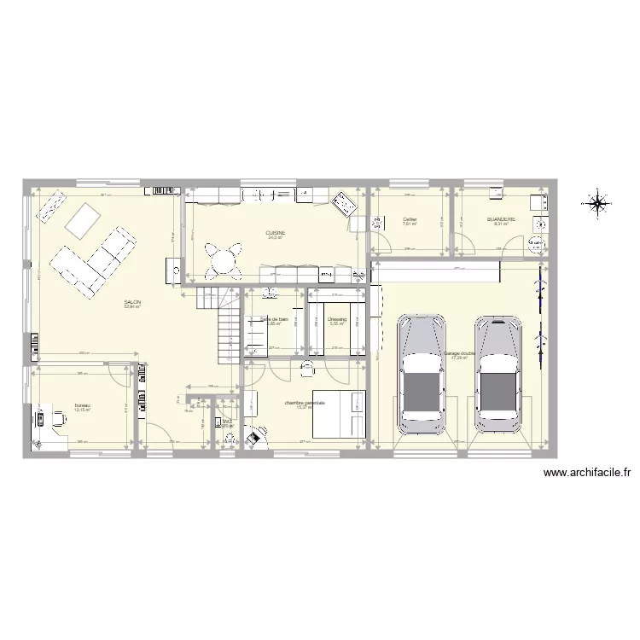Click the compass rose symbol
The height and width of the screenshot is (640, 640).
(x=597, y=203)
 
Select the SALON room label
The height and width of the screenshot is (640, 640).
(x=132, y=301)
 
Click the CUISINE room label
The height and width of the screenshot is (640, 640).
(x=275, y=233)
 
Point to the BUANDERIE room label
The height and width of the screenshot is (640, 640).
(x=501, y=219)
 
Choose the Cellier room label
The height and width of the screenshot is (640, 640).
(x=410, y=219)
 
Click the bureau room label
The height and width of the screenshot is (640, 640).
(x=82, y=404)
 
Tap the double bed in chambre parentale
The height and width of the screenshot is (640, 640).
(x=339, y=414)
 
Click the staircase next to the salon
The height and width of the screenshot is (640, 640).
(x=225, y=324)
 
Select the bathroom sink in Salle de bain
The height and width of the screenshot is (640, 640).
(x=271, y=294)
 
